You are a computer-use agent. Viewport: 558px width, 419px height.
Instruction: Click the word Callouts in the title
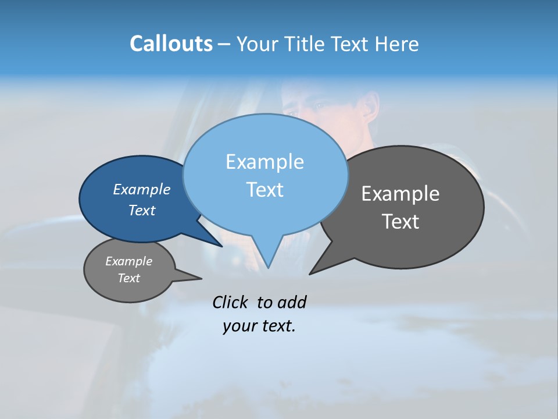tap(171, 44)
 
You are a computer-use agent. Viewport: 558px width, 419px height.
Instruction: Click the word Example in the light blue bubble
tap(264, 162)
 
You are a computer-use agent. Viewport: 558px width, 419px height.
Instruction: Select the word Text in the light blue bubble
tap(265, 190)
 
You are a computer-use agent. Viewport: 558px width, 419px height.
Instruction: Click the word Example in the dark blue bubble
tap(141, 189)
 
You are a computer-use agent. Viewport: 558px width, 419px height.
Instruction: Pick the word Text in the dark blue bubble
tap(142, 210)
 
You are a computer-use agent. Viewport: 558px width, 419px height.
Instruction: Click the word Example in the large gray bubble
tap(400, 194)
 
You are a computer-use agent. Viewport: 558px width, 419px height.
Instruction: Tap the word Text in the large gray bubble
tap(401, 222)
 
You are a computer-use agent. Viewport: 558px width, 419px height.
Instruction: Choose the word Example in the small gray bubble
tap(128, 261)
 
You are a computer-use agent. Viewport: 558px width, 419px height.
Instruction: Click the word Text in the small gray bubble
tap(128, 278)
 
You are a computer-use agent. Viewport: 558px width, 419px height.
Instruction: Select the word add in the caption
tap(292, 302)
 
